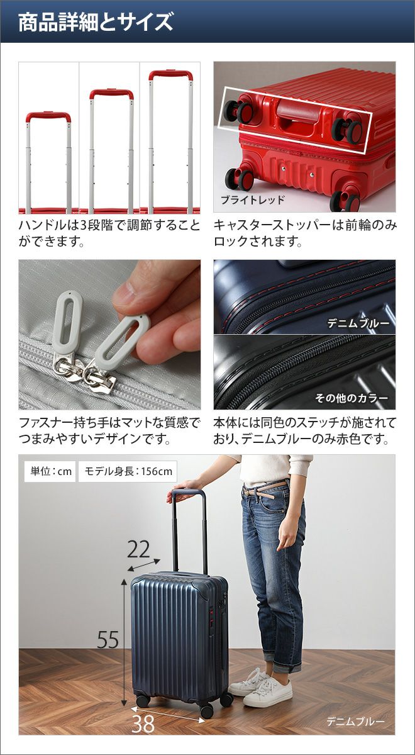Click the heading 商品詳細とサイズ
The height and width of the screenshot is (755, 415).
point(96,22)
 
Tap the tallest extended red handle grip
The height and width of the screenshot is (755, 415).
point(171,74)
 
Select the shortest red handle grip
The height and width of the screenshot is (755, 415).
point(48,116)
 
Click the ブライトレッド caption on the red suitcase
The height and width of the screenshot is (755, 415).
point(253,200)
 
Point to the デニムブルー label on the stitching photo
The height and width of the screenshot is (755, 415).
point(358,323)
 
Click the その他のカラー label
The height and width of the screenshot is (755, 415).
point(351,398)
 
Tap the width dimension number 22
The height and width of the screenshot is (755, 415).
point(138,549)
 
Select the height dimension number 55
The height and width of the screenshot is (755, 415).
point(108,639)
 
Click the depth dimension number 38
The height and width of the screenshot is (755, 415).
point(143,723)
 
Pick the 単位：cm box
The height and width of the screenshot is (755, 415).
point(51,471)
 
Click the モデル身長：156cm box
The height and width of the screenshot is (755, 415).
point(128,471)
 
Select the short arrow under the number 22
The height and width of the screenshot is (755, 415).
point(144,564)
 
